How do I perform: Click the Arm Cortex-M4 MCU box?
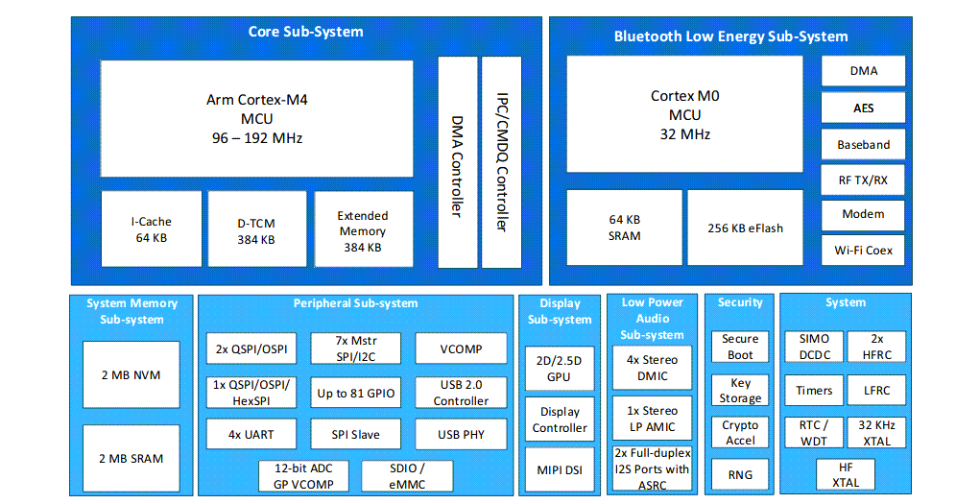point(256,118)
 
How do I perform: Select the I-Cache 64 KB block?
point(152,229)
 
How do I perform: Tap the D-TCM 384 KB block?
point(256,229)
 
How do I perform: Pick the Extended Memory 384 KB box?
point(363,230)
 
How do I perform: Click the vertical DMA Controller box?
point(457,162)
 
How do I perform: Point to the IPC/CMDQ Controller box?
point(501,162)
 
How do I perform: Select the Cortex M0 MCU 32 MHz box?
point(684,114)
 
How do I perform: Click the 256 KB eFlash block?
point(745,228)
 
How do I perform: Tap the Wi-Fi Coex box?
point(863,250)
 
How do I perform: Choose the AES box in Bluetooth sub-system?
point(863,108)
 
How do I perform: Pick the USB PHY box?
point(461,434)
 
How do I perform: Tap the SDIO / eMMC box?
point(407,475)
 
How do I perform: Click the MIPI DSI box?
point(560,470)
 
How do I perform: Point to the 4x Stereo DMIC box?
point(652,368)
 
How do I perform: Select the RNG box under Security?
point(740,473)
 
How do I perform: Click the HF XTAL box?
point(846,475)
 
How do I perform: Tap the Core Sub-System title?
point(305,32)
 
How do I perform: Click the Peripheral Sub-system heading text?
point(355,303)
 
